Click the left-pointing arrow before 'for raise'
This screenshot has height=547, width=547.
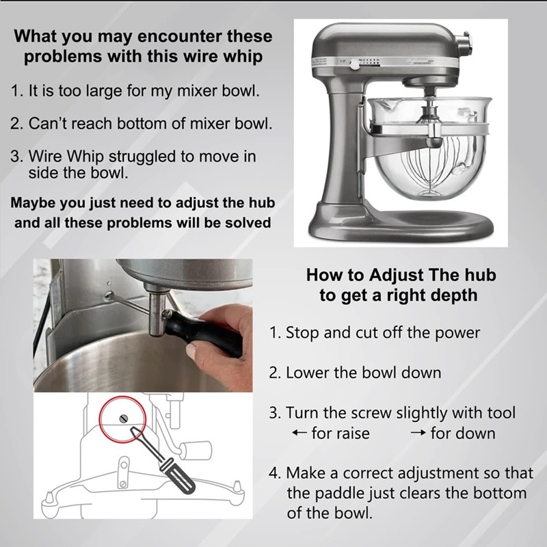pos(299,433)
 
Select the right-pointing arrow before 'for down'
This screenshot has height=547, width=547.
pos(418,433)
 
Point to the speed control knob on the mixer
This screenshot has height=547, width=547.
pos(355,64)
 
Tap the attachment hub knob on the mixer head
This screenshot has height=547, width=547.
pos(466,42)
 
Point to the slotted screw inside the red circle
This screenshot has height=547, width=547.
pos(124,418)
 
